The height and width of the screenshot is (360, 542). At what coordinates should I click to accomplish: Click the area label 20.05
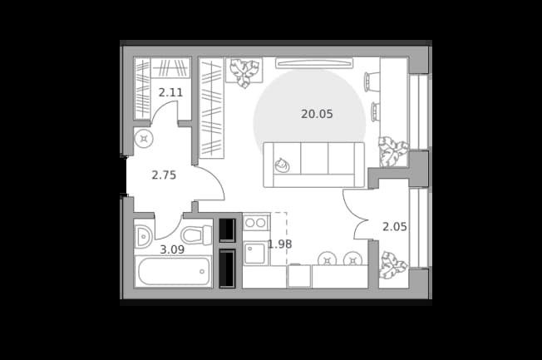coord(317,114)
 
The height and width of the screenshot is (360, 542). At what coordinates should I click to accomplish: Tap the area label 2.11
coord(170,92)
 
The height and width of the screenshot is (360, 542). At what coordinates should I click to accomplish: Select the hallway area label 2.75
coord(164,175)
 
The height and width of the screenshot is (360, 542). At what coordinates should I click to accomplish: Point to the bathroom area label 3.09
coord(172,249)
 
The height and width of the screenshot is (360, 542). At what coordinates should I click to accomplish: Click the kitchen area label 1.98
coord(280,244)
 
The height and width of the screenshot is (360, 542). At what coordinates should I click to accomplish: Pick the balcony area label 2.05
coord(394,227)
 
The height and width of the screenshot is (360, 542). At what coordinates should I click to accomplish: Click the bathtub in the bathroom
coord(174,271)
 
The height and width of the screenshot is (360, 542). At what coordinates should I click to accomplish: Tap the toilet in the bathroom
coord(196,234)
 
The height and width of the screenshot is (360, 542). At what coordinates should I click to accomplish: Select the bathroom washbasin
coord(143,237)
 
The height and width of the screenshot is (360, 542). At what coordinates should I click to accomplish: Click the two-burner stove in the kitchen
coord(255,223)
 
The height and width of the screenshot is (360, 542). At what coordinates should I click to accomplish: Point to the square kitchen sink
coord(254,254)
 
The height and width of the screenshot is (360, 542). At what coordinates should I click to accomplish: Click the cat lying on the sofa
coord(282,165)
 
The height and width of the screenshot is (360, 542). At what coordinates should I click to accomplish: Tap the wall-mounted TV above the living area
coord(314,63)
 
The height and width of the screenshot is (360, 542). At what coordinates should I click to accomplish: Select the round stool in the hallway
coord(144,139)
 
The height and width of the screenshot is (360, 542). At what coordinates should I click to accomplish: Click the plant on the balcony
coord(392,265)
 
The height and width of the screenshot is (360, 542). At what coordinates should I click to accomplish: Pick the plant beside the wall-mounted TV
coord(244,72)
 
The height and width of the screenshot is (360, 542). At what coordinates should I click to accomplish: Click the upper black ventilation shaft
coord(228,230)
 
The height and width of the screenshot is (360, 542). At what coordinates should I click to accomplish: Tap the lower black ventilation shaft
coord(228,269)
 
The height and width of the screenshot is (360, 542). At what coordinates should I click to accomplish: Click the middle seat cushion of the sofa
coord(314,158)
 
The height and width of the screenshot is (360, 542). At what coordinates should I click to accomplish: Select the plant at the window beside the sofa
coord(392,151)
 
